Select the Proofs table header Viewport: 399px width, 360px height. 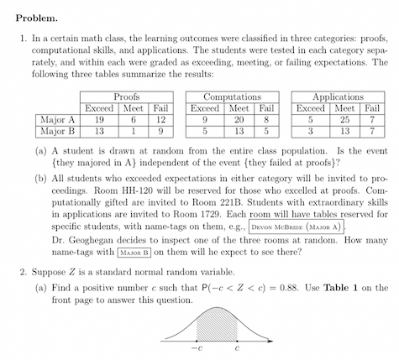tap(125, 98)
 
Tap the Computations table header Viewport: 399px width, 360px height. tap(233, 98)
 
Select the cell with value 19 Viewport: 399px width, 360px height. tap(99, 120)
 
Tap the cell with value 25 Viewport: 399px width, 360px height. tap(343, 120)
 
